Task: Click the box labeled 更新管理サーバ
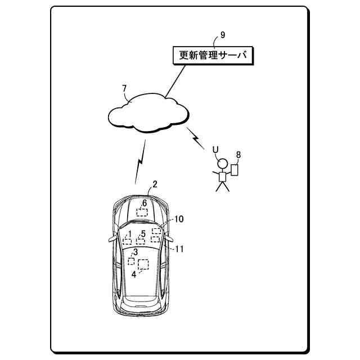tap(213, 55)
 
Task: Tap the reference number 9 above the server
tap(223, 34)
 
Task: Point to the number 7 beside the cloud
tap(124, 88)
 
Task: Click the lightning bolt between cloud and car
tap(141, 161)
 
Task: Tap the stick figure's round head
tap(223, 165)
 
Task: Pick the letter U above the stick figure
tap(215, 149)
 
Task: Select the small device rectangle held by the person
tap(235, 170)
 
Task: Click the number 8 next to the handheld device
tap(238, 154)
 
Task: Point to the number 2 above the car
tap(155, 183)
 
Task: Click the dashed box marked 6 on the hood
tap(142, 212)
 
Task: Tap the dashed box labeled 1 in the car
tap(128, 241)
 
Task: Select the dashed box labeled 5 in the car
tap(142, 241)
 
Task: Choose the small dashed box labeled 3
tap(131, 261)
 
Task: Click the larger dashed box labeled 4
tap(143, 264)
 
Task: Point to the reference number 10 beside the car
tap(179, 219)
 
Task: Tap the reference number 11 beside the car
tap(179, 249)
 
